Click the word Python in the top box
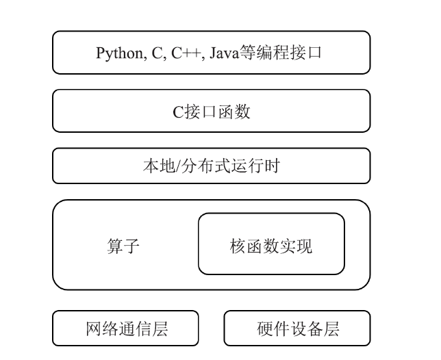[x=119, y=53]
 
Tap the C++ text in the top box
[x=186, y=53]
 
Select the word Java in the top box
[x=224, y=53]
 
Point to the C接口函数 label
[x=211, y=112]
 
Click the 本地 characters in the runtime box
[x=159, y=166]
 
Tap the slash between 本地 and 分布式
[x=178, y=166]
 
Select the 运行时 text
[x=255, y=166]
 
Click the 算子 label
[x=123, y=246]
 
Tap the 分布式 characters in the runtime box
[x=206, y=166]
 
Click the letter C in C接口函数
[x=178, y=112]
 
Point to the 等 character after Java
[x=247, y=53]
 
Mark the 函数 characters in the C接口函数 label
[x=234, y=112]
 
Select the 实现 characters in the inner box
[x=296, y=246]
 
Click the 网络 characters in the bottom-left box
[x=102, y=329]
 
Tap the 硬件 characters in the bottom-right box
[x=273, y=329]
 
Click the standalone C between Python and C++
[x=157, y=53]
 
